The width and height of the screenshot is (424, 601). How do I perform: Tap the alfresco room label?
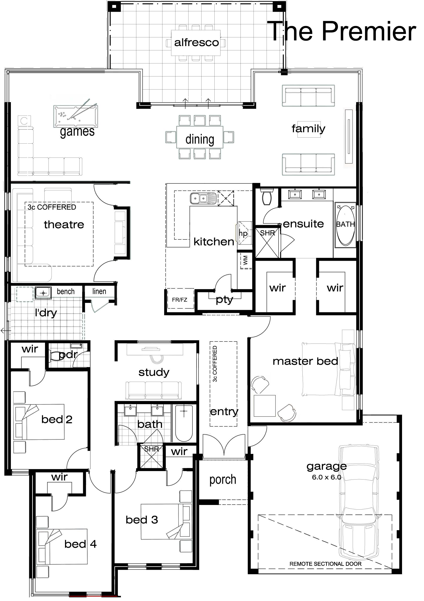[196, 42]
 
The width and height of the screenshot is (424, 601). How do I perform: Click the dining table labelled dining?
[200, 137]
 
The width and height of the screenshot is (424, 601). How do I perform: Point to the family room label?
[309, 129]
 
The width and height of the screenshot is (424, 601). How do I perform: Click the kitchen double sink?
[204, 199]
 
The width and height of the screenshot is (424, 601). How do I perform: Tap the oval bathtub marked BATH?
[346, 225]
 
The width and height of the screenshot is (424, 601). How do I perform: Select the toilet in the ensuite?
[267, 197]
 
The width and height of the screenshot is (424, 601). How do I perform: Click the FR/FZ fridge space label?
[179, 300]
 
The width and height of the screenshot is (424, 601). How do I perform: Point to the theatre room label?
[64, 225]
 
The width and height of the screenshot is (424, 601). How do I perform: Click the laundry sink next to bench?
[43, 293]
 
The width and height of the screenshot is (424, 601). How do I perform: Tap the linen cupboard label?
[99, 291]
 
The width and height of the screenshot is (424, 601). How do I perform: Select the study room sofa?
[154, 390]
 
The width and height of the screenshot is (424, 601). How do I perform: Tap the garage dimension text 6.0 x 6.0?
[326, 477]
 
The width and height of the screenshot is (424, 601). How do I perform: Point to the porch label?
[223, 480]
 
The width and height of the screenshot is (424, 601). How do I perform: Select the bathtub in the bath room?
[184, 423]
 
